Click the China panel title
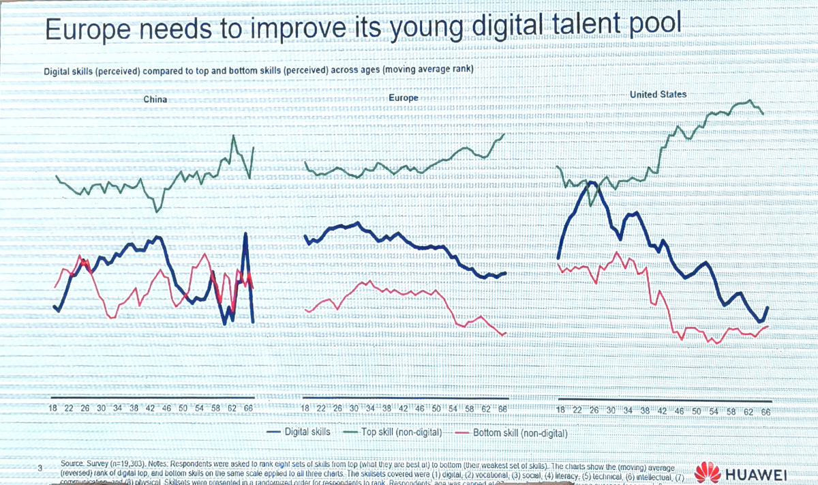pyautogui.click(x=155, y=100)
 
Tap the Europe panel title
pyautogui.click(x=403, y=98)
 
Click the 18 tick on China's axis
pyautogui.click(x=52, y=408)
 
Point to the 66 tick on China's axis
pyautogui.click(x=248, y=408)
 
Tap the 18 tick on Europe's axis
pyautogui.click(x=305, y=408)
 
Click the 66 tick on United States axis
pyautogui.click(x=766, y=412)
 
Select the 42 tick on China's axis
pyautogui.click(x=151, y=408)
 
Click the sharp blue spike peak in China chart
pyautogui.click(x=245, y=235)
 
